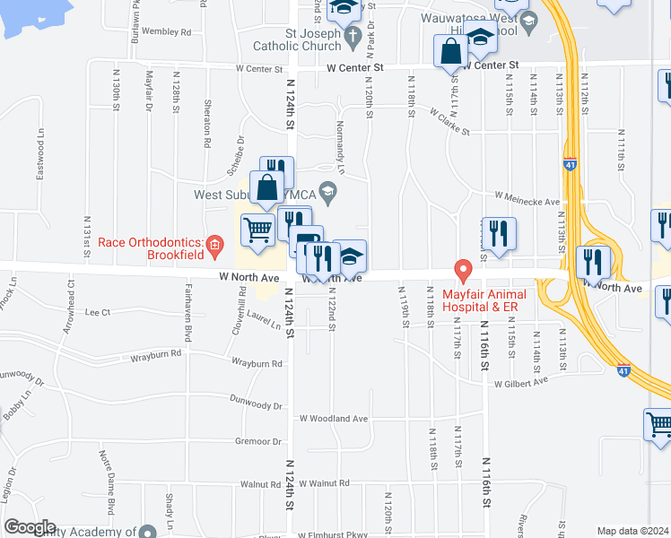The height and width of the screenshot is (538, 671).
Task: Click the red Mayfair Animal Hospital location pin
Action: click(463, 269)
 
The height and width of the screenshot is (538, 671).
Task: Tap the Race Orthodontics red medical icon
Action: click(213, 244)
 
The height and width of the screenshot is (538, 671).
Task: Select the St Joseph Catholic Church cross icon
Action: click(353, 36)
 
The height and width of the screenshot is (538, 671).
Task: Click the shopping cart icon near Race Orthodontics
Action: click(258, 230)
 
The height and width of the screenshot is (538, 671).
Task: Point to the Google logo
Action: click(30, 527)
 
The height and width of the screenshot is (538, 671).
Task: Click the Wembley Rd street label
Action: click(167, 31)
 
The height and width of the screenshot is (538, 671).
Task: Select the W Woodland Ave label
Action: click(334, 418)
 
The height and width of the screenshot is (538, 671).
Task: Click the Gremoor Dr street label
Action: click(258, 441)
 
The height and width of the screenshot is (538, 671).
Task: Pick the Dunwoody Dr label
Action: click(256, 403)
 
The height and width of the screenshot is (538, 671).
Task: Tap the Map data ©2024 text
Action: click(633, 531)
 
